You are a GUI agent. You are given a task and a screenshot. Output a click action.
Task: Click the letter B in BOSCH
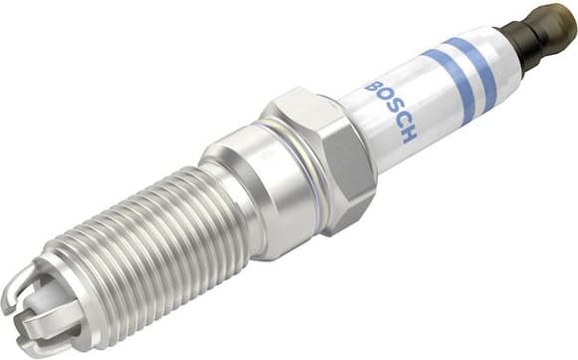coord(371,88)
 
